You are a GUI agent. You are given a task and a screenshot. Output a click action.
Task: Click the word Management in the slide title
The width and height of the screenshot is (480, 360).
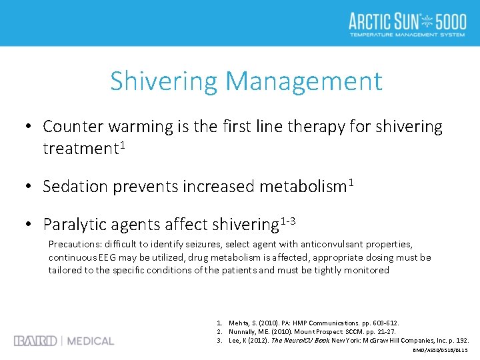[304, 82]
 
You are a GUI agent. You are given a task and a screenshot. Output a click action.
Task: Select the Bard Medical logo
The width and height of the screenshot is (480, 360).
[64, 341]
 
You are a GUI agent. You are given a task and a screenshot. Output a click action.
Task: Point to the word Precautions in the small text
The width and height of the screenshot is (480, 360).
[74, 245]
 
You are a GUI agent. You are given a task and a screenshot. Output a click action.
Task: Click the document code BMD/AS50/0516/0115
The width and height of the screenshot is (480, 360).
[440, 350]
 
